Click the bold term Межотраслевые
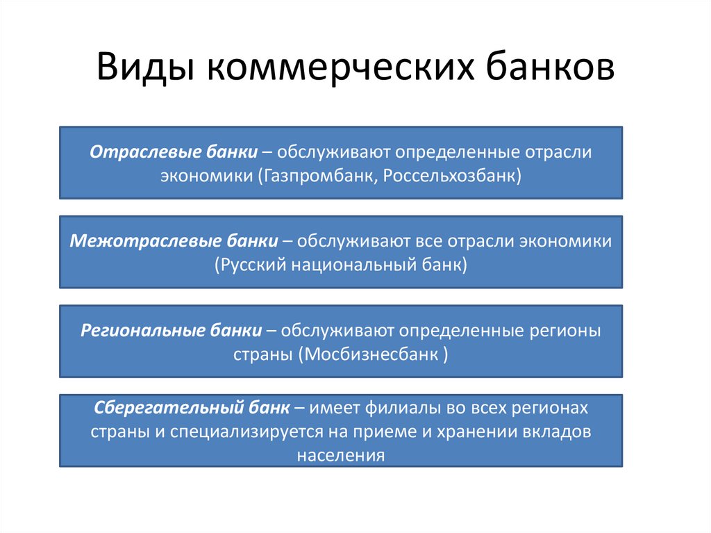pyautogui.click(x=131, y=241)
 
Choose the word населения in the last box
pyautogui.click(x=341, y=455)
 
